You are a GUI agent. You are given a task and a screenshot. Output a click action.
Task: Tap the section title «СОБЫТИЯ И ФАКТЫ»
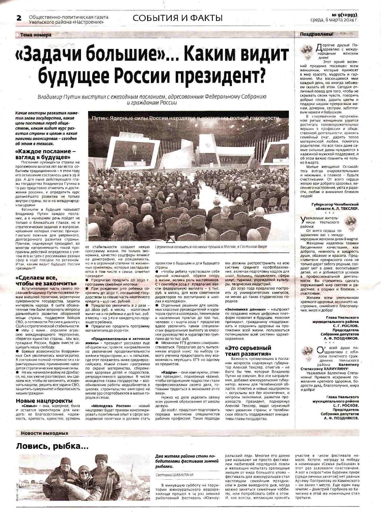click(178, 18)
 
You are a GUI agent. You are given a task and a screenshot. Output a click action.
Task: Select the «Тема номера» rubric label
click(36, 35)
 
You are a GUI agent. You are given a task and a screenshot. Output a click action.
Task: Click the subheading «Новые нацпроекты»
click(44, 401)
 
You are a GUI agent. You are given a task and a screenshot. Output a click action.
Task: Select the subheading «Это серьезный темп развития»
click(248, 350)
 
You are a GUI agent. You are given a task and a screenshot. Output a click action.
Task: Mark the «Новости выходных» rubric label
click(44, 433)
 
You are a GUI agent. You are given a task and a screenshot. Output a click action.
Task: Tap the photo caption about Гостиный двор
click(211, 247)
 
